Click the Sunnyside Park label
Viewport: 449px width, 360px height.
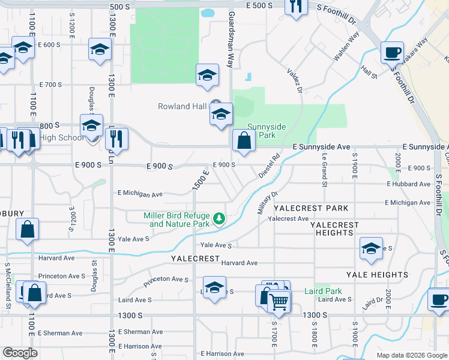pyautogui.click(x=268, y=131)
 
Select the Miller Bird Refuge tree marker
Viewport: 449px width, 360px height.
pyautogui.click(x=220, y=217)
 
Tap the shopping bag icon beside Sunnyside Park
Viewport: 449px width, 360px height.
pyautogui.click(x=244, y=142)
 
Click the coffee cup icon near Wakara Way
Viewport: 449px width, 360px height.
pyautogui.click(x=392, y=52)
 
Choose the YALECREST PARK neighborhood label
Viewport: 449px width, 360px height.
pyautogui.click(x=311, y=208)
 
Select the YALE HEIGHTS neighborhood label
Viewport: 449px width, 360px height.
pyautogui.click(x=377, y=275)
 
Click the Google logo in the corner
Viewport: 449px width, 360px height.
pyautogui.click(x=20, y=353)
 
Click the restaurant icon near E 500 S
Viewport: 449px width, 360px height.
pyautogui.click(x=295, y=7)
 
